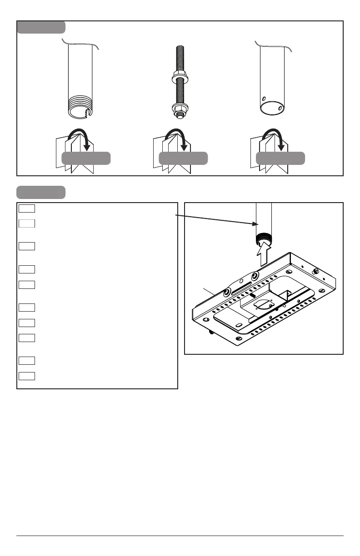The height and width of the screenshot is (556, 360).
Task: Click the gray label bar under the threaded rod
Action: [x=183, y=158]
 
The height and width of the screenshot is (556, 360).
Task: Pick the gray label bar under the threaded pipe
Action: [x=86, y=158]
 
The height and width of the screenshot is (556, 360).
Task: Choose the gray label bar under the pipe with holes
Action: [x=280, y=158]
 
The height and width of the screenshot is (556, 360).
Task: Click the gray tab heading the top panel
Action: [x=41, y=27]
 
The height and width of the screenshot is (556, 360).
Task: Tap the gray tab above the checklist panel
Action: [x=41, y=192]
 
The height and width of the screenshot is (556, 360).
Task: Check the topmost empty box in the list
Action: [x=27, y=208]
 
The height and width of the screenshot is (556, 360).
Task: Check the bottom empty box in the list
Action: [x=27, y=376]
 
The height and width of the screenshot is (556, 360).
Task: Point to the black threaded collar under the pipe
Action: [x=262, y=238]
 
